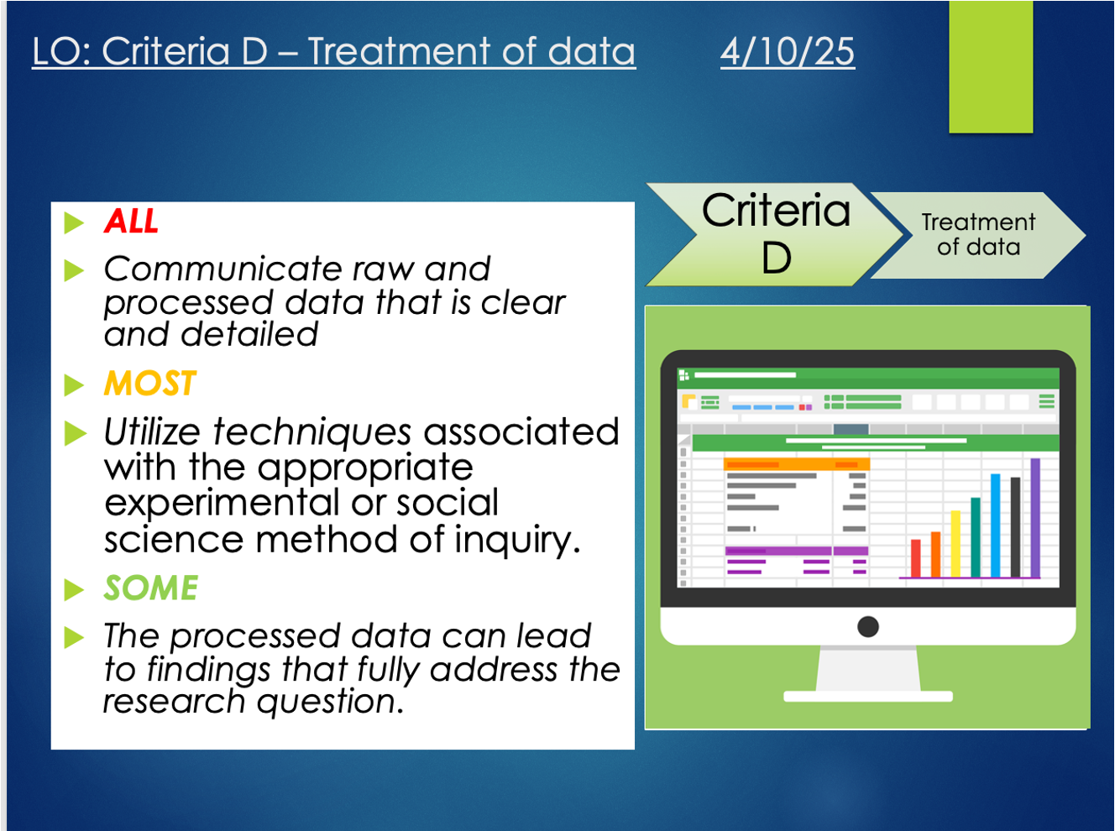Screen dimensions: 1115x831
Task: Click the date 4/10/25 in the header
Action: pyautogui.click(x=788, y=51)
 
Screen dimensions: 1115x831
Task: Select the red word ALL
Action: pyautogui.click(x=131, y=221)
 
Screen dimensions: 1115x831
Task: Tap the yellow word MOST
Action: pyautogui.click(x=149, y=383)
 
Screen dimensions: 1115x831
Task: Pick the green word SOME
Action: pyautogui.click(x=151, y=588)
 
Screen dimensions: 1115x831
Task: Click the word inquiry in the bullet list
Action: pyautogui.click(x=518, y=541)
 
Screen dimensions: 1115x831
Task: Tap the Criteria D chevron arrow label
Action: pyautogui.click(x=776, y=234)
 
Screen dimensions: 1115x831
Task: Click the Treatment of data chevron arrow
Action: pyautogui.click(x=978, y=235)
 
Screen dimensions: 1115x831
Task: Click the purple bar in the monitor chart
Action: pyautogui.click(x=1034, y=518)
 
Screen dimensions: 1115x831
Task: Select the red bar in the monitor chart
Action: pyautogui.click(x=916, y=558)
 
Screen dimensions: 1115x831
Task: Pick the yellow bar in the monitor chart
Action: pyautogui.click(x=955, y=544)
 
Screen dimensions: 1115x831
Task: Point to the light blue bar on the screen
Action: pyautogui.click(x=995, y=525)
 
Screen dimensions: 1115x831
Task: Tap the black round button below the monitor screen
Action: pyautogui.click(x=868, y=626)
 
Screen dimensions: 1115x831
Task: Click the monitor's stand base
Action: pyautogui.click(x=868, y=697)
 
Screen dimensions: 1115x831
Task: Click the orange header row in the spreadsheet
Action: pyautogui.click(x=797, y=464)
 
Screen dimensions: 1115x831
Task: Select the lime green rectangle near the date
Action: pyautogui.click(x=991, y=66)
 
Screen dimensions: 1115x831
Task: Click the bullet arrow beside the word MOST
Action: pyautogui.click(x=74, y=385)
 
